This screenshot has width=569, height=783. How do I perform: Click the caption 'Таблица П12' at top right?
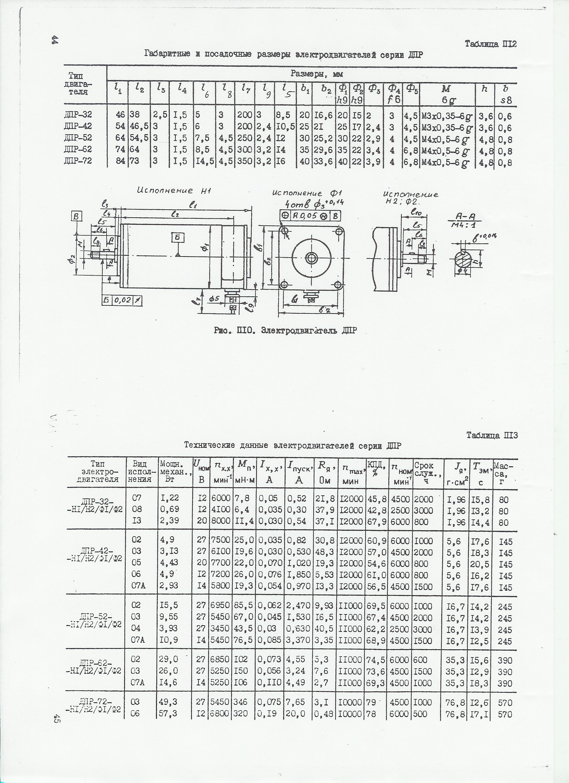point(490,44)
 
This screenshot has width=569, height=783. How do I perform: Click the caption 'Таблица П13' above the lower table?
point(492,435)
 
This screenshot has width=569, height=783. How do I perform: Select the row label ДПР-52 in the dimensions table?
point(78,138)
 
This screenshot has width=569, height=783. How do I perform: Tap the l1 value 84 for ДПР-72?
point(120,161)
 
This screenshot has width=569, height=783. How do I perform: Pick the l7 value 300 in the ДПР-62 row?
point(245,149)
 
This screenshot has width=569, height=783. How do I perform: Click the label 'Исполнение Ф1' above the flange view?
point(307,194)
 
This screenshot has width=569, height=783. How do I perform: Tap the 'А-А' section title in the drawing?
point(465,216)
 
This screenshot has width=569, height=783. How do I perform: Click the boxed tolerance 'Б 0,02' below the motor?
point(123,301)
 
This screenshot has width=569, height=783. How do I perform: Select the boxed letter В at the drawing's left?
point(77,216)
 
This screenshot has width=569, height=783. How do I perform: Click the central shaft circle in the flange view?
point(312,257)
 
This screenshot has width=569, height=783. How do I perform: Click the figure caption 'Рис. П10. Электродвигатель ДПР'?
point(285,331)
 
